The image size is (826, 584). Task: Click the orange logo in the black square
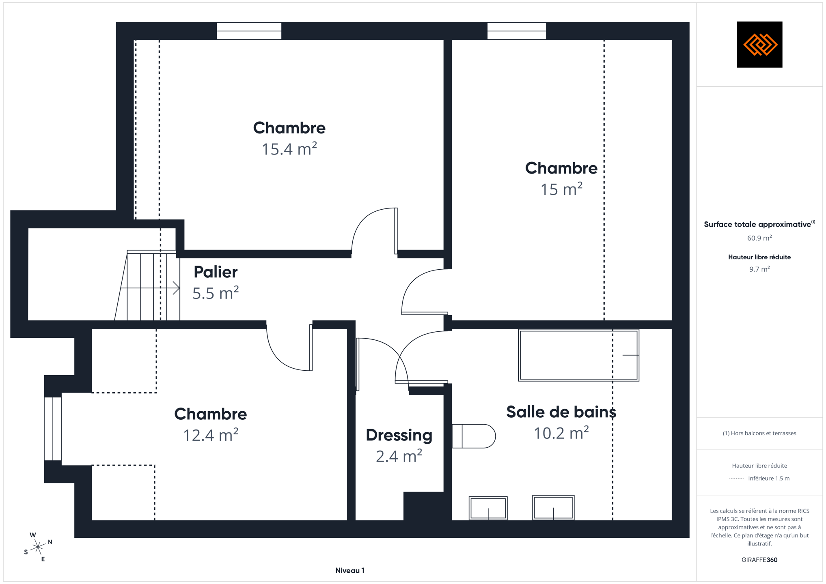pyautogui.click(x=760, y=45)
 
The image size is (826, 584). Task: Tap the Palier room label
pyautogui.click(x=216, y=272)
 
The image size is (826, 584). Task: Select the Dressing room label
pyautogui.click(x=399, y=436)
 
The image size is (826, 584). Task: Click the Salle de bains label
pyautogui.click(x=561, y=412)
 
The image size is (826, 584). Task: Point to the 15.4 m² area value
pyautogui.click(x=289, y=149)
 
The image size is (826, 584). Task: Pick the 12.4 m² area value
pyautogui.click(x=211, y=435)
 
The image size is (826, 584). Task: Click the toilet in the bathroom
pyautogui.click(x=474, y=436)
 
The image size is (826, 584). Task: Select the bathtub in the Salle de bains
pyautogui.click(x=579, y=355)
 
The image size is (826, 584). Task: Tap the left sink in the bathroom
pyautogui.click(x=488, y=508)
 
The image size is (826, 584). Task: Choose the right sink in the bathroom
pyautogui.click(x=553, y=507)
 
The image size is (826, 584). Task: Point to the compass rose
pyautogui.click(x=38, y=547)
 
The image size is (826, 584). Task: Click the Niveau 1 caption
pyautogui.click(x=350, y=571)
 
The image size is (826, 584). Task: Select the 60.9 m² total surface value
pyautogui.click(x=759, y=238)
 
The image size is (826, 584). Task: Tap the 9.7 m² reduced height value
pyautogui.click(x=759, y=269)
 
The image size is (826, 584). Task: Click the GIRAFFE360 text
pyautogui.click(x=759, y=560)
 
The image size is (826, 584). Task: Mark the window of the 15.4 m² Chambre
pyautogui.click(x=249, y=31)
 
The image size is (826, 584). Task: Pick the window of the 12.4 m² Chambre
pyautogui.click(x=53, y=429)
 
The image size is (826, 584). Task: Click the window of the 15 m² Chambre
pyautogui.click(x=517, y=31)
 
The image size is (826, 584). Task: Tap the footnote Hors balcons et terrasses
pyautogui.click(x=759, y=434)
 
